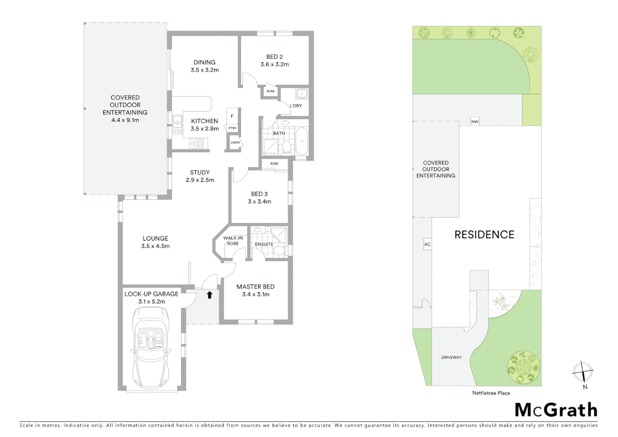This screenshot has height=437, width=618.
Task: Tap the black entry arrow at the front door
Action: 210,295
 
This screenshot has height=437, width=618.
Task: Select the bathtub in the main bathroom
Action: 301,141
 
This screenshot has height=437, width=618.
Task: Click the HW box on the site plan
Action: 474,121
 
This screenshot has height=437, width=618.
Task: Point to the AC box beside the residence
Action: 428,244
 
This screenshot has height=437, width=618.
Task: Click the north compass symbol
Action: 582,371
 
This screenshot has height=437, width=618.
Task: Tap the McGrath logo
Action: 556,410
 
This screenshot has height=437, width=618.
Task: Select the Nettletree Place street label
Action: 491,393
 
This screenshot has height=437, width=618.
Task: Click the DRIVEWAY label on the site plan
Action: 451,357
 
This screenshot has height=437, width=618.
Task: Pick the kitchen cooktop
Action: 197,143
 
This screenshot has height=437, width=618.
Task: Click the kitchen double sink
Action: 177,124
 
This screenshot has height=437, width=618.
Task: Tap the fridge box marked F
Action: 232,116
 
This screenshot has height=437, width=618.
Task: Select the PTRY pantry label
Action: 232,128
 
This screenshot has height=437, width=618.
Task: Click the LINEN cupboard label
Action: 235,142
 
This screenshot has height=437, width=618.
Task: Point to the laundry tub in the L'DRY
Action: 301,94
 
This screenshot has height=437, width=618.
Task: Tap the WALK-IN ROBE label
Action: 233,241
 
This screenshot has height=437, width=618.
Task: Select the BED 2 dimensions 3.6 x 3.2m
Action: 275,64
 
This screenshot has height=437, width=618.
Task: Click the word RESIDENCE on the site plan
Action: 484,235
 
